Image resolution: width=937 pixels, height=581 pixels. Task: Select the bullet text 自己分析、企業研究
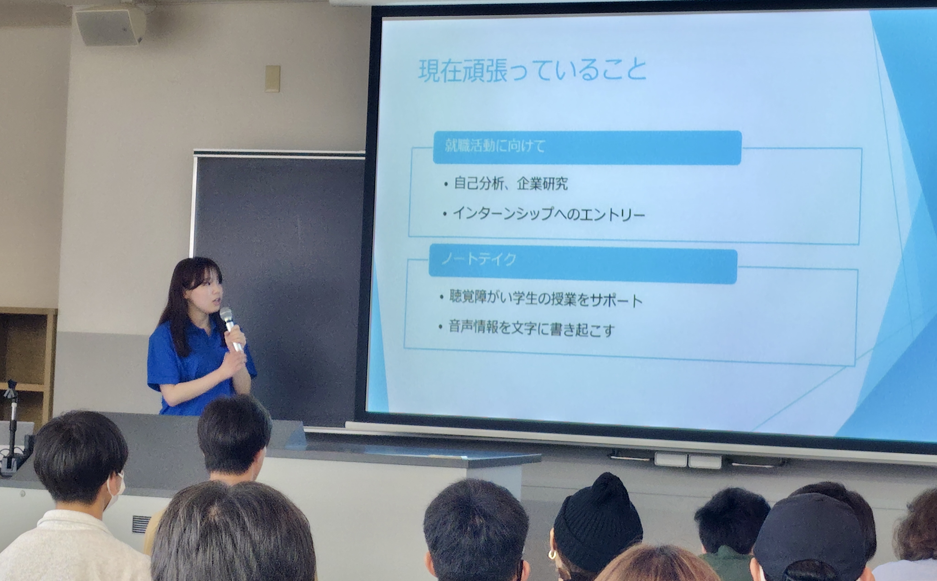511,184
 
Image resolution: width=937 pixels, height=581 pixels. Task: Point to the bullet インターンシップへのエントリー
549,214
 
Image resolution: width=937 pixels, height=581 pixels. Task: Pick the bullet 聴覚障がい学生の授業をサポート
546,299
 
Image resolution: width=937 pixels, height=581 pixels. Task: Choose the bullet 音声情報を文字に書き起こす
532,328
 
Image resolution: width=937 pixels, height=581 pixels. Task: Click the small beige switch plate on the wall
272,78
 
